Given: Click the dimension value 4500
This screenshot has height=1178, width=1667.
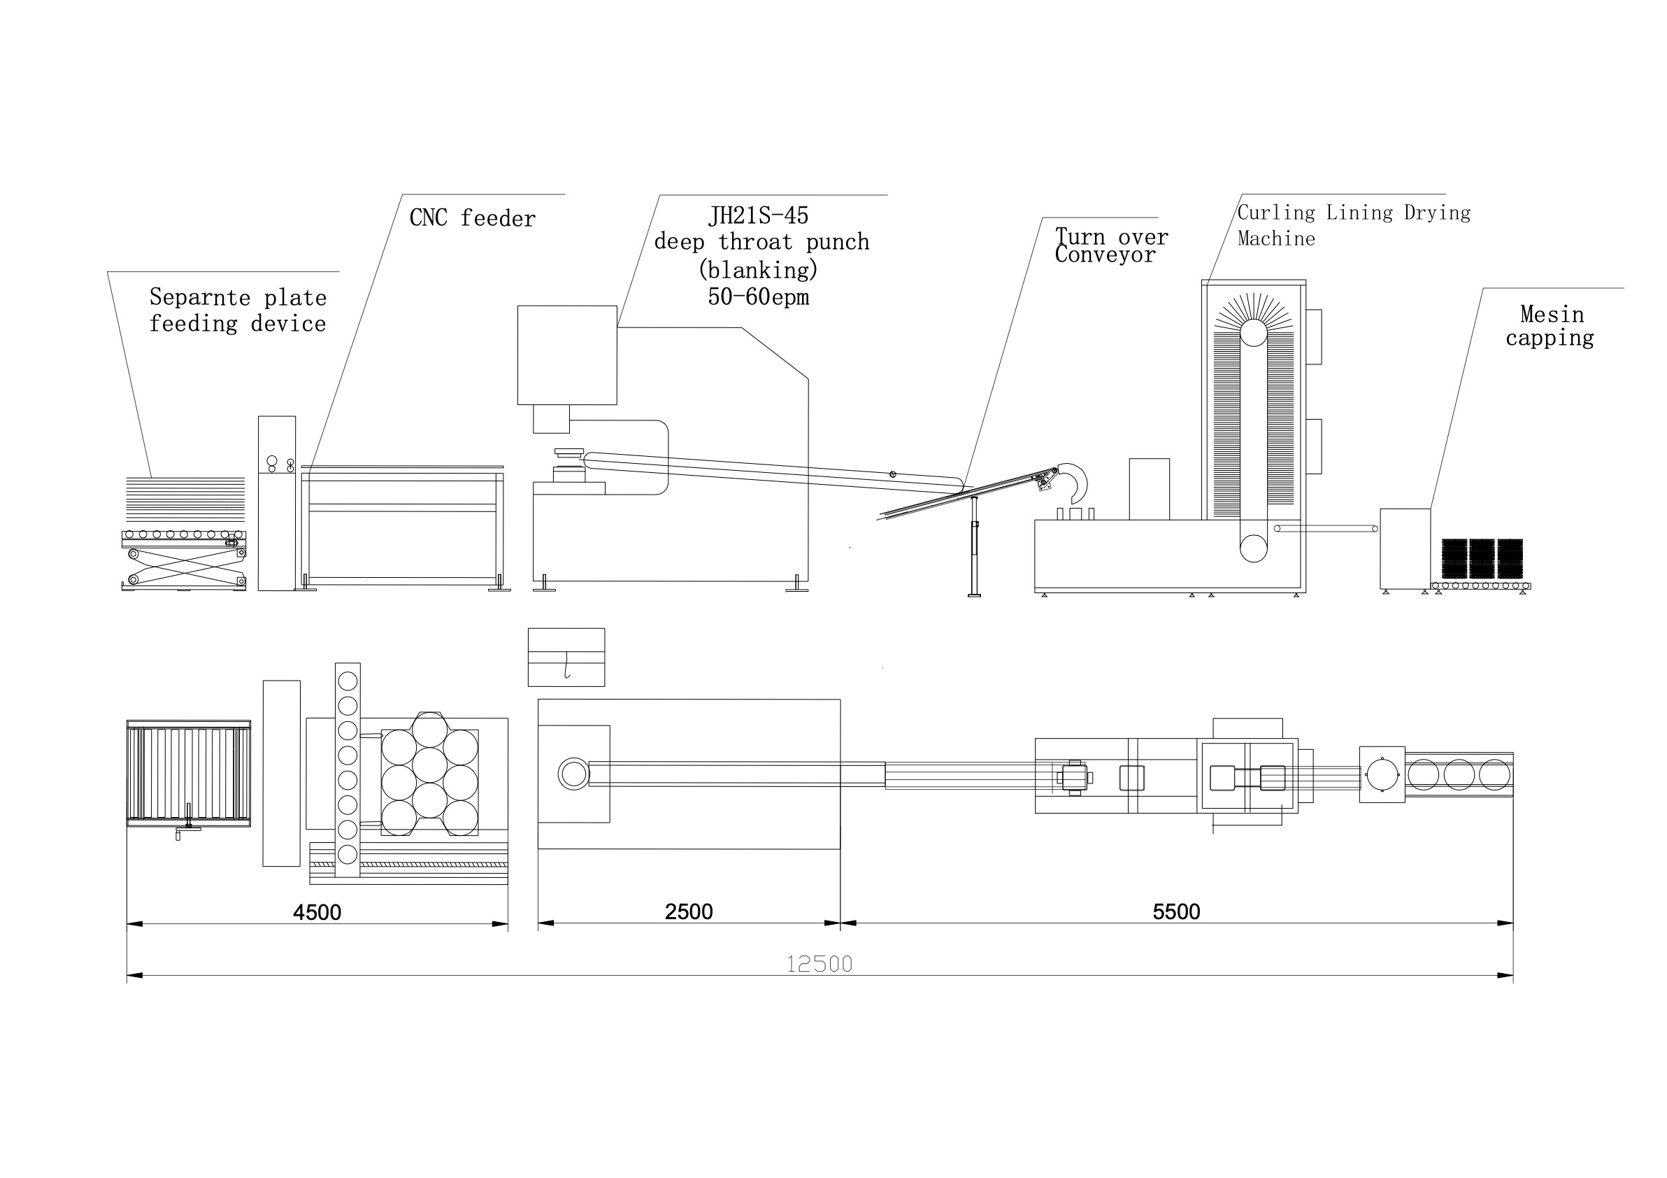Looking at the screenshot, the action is [317, 912].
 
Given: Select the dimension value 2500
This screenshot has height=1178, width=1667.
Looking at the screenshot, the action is [688, 911].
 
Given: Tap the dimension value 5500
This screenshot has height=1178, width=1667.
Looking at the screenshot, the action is [1176, 911].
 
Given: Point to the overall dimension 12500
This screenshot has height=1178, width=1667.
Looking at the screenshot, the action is [819, 964].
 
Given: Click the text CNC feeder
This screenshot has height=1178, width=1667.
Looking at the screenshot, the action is [473, 218].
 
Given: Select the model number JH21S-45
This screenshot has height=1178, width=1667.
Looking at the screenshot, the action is [758, 215].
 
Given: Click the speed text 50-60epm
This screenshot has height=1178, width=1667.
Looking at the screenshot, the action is [758, 297].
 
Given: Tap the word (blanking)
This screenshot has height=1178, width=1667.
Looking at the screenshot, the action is [758, 270].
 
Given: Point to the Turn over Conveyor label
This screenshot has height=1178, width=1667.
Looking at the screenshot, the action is [1111, 246].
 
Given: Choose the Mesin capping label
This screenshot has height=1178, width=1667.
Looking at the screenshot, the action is [1550, 326].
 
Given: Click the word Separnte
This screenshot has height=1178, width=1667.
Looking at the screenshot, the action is [200, 297].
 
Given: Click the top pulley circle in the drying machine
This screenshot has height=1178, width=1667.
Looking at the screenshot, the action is [1253, 334].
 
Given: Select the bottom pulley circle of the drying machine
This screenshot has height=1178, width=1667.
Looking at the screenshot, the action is [1253, 548].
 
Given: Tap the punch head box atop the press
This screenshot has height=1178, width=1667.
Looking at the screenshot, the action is [567, 355].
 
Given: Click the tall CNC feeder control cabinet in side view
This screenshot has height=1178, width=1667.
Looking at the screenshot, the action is [277, 503].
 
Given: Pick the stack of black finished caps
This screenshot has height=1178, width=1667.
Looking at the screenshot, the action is [1482, 558].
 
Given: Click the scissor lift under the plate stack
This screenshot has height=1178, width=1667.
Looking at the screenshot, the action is [185, 567].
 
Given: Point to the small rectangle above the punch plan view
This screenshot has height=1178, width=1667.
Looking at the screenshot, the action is [566, 658].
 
